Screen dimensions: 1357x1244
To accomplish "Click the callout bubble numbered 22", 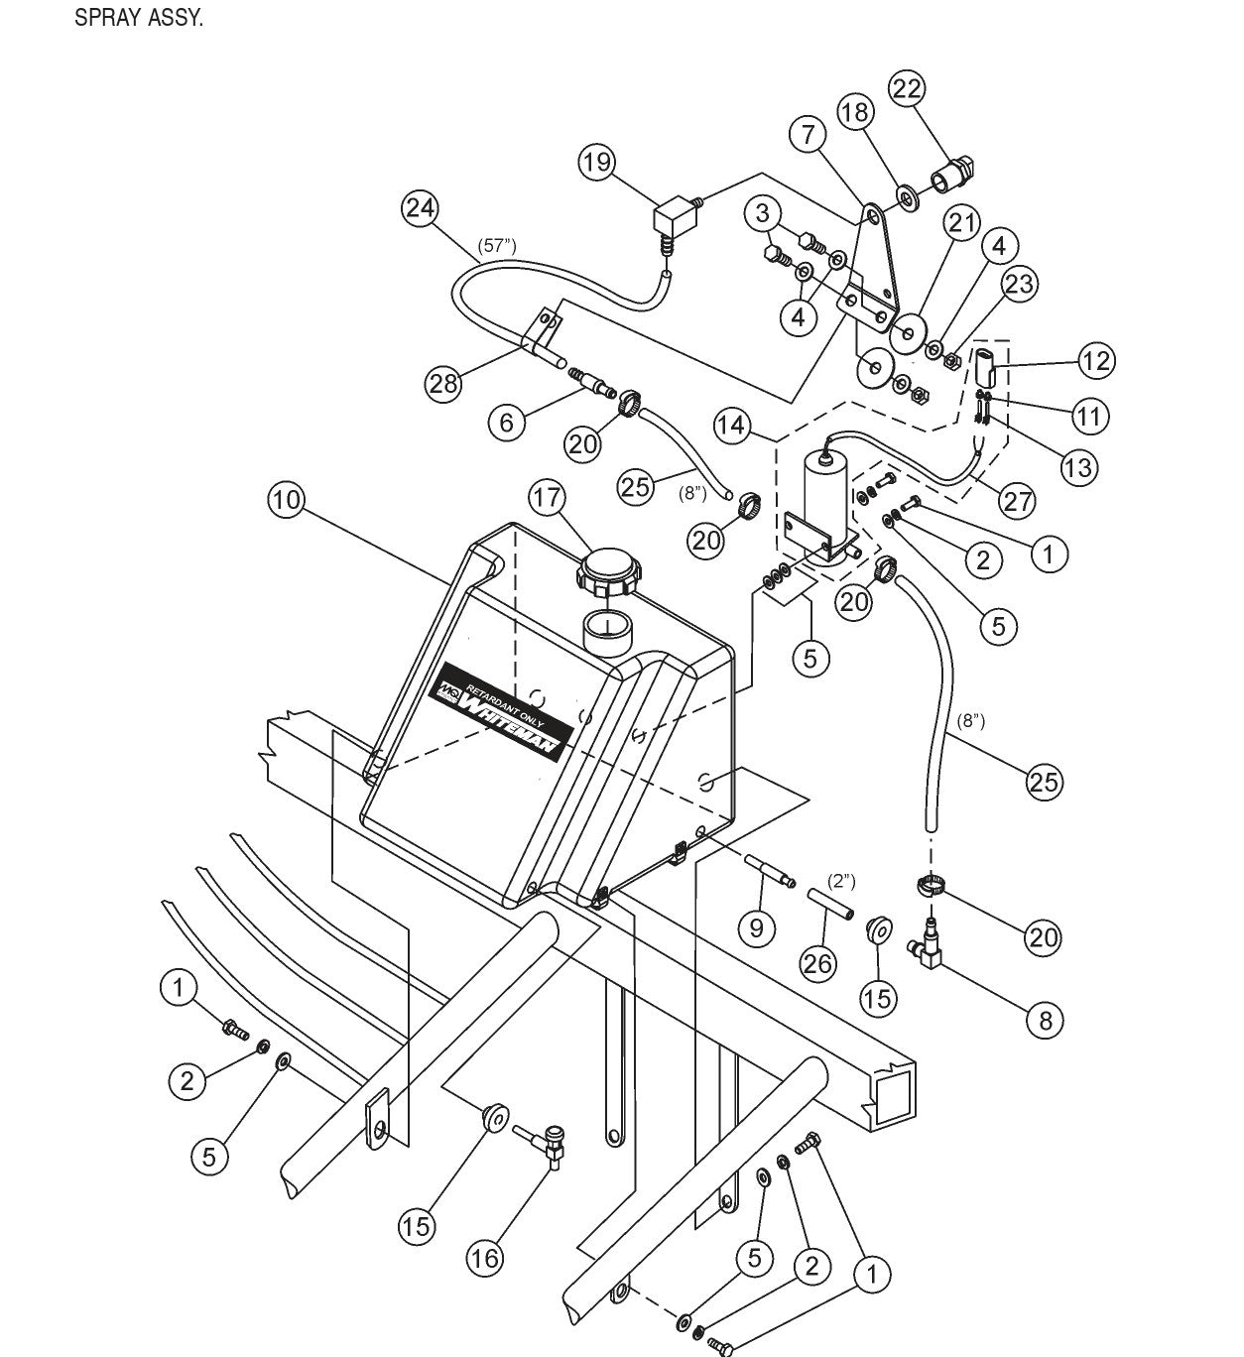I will click(906, 88).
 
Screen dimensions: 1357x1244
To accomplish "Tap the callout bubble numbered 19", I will click(598, 162).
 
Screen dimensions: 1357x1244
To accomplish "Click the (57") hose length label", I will click(497, 244).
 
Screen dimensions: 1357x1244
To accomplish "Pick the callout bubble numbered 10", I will click(286, 500).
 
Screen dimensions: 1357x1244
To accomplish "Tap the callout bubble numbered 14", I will click(733, 426).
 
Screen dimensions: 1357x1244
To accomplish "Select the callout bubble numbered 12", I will click(1096, 360).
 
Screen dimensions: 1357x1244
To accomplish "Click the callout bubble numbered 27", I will click(1018, 501).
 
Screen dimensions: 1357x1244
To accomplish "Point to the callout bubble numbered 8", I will click(1045, 1020).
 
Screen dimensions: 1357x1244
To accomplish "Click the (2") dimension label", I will click(840, 881).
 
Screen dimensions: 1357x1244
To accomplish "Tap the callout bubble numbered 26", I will click(818, 962).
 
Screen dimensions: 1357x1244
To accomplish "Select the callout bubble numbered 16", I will click(486, 1258).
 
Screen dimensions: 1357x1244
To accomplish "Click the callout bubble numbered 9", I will click(757, 927).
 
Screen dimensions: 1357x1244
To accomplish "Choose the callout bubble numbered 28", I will click(443, 383).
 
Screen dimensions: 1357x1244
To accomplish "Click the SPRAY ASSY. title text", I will click(139, 19).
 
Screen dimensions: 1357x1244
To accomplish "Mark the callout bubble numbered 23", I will click(1019, 284).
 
